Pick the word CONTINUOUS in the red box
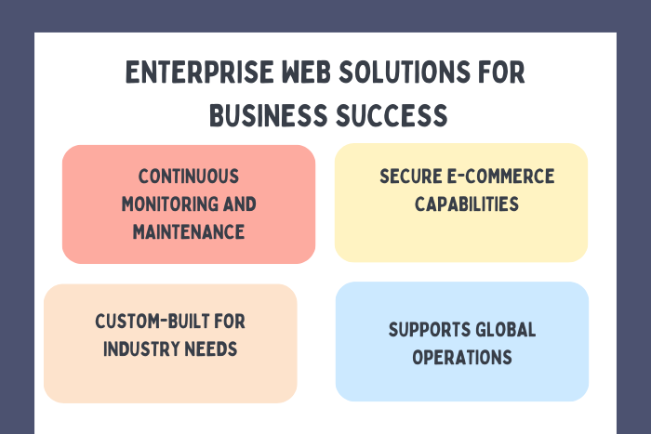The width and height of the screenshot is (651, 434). [x=189, y=177]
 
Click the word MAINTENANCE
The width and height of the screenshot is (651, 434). [x=189, y=231]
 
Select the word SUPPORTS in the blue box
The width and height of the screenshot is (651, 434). [x=424, y=330]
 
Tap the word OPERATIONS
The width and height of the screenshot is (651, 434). [x=462, y=357]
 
